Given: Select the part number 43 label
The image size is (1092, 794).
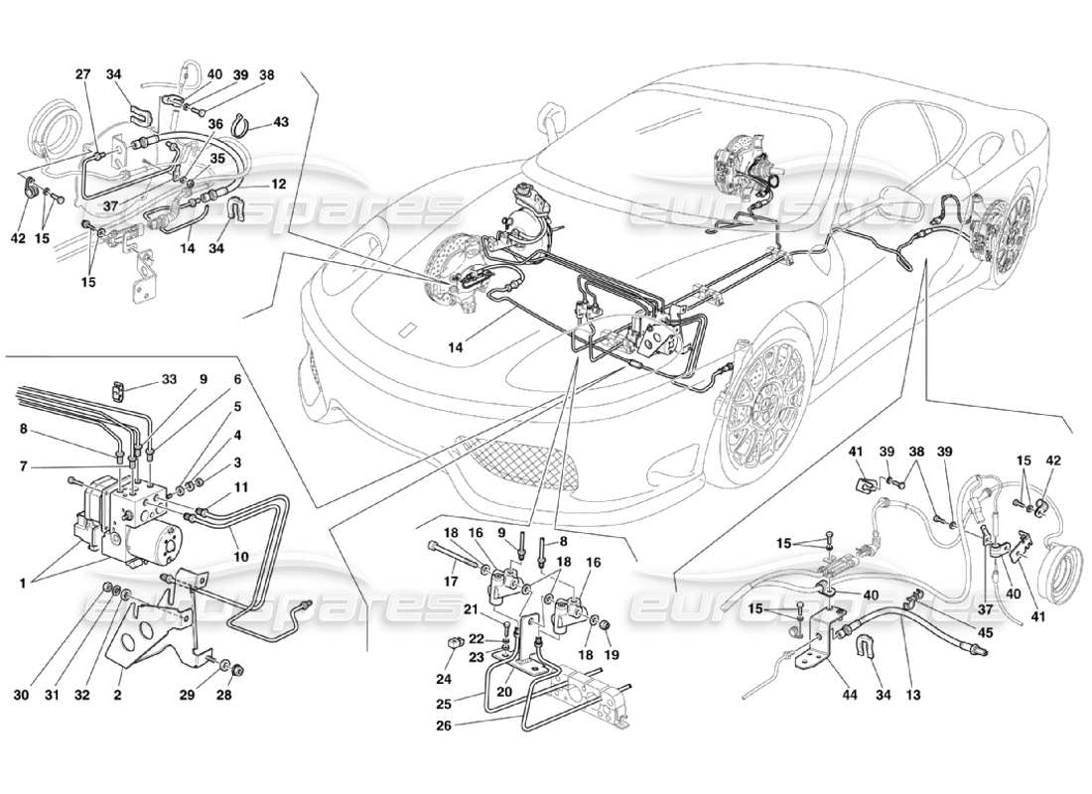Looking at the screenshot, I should pyautogui.click(x=281, y=122).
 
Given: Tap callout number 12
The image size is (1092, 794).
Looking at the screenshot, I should pyautogui.click(x=279, y=184).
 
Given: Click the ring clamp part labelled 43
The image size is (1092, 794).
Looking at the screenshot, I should pyautogui.click(x=240, y=126).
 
